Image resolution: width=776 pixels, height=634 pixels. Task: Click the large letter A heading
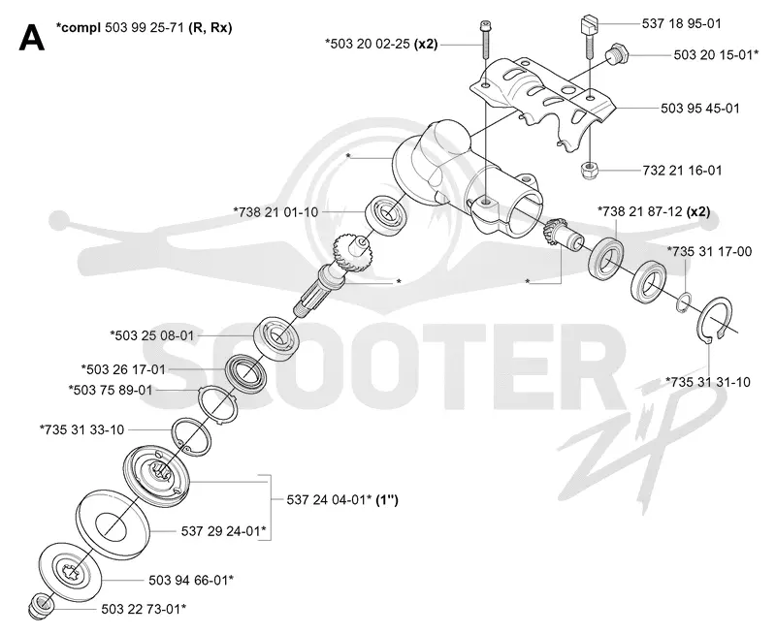click(x=32, y=38)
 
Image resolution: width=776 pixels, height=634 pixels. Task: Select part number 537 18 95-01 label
click(x=682, y=23)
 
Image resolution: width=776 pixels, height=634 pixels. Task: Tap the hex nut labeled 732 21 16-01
click(x=590, y=172)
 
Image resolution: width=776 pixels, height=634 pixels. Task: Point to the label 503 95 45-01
click(x=700, y=108)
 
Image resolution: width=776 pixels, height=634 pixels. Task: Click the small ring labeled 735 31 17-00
click(x=684, y=302)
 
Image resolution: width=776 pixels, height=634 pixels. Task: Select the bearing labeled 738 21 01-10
click(x=386, y=213)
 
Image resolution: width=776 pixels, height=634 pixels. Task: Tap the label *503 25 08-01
click(x=152, y=335)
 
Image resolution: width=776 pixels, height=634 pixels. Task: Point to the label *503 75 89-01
click(x=111, y=390)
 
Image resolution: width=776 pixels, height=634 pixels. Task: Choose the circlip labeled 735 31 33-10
click(x=190, y=435)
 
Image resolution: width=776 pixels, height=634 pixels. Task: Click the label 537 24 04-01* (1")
click(x=342, y=499)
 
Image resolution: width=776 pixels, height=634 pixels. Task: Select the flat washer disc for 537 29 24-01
click(x=113, y=524)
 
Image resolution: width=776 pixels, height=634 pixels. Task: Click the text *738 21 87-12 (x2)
click(x=654, y=211)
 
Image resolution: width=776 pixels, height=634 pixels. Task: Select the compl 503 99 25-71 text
click(x=144, y=27)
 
